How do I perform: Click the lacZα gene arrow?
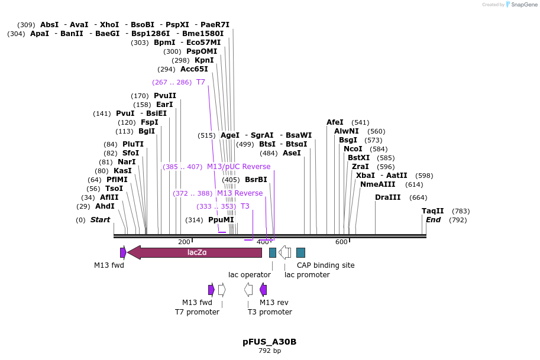click(x=195, y=252)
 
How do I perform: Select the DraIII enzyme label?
click(x=388, y=197)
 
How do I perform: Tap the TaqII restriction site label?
click(x=432, y=211)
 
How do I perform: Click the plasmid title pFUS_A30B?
click(x=269, y=342)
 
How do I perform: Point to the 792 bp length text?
click(x=269, y=351)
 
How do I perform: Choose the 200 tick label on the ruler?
click(x=184, y=242)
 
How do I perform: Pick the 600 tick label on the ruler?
click(x=341, y=242)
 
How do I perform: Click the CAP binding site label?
click(x=325, y=265)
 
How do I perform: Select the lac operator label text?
click(x=250, y=274)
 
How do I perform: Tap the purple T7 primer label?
click(x=201, y=82)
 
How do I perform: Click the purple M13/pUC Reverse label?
click(x=238, y=167)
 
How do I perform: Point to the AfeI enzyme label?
click(x=335, y=122)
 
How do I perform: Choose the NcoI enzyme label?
click(x=353, y=149)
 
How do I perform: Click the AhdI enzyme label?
click(x=105, y=206)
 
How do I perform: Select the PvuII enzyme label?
click(x=165, y=96)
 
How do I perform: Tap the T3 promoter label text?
click(x=270, y=312)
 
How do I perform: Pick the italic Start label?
click(x=100, y=220)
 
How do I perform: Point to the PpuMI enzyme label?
click(x=221, y=220)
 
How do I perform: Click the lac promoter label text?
click(x=307, y=274)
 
